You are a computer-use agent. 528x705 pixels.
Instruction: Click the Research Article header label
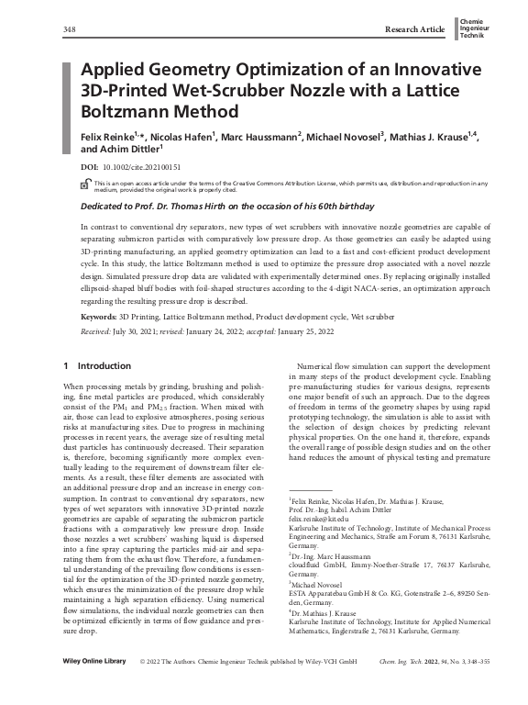click(414, 30)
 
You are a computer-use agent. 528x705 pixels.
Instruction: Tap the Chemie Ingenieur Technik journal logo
click(473, 30)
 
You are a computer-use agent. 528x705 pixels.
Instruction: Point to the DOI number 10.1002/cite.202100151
click(140, 169)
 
